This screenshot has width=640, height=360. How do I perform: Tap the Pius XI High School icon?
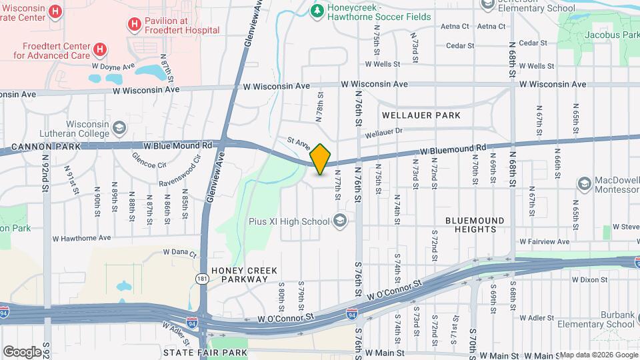tap(340, 221)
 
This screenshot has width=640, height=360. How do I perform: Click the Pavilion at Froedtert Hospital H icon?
tap(135, 25)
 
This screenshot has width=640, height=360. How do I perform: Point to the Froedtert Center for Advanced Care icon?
tap(99, 49)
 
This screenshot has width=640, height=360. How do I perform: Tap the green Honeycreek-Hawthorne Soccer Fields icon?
tap(317, 11)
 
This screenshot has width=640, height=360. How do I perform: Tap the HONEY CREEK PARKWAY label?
tap(244, 275)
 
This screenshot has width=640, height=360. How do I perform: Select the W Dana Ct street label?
tap(180, 253)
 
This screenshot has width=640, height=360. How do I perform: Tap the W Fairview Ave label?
tap(544, 241)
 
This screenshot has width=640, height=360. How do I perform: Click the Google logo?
tap(22, 351)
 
